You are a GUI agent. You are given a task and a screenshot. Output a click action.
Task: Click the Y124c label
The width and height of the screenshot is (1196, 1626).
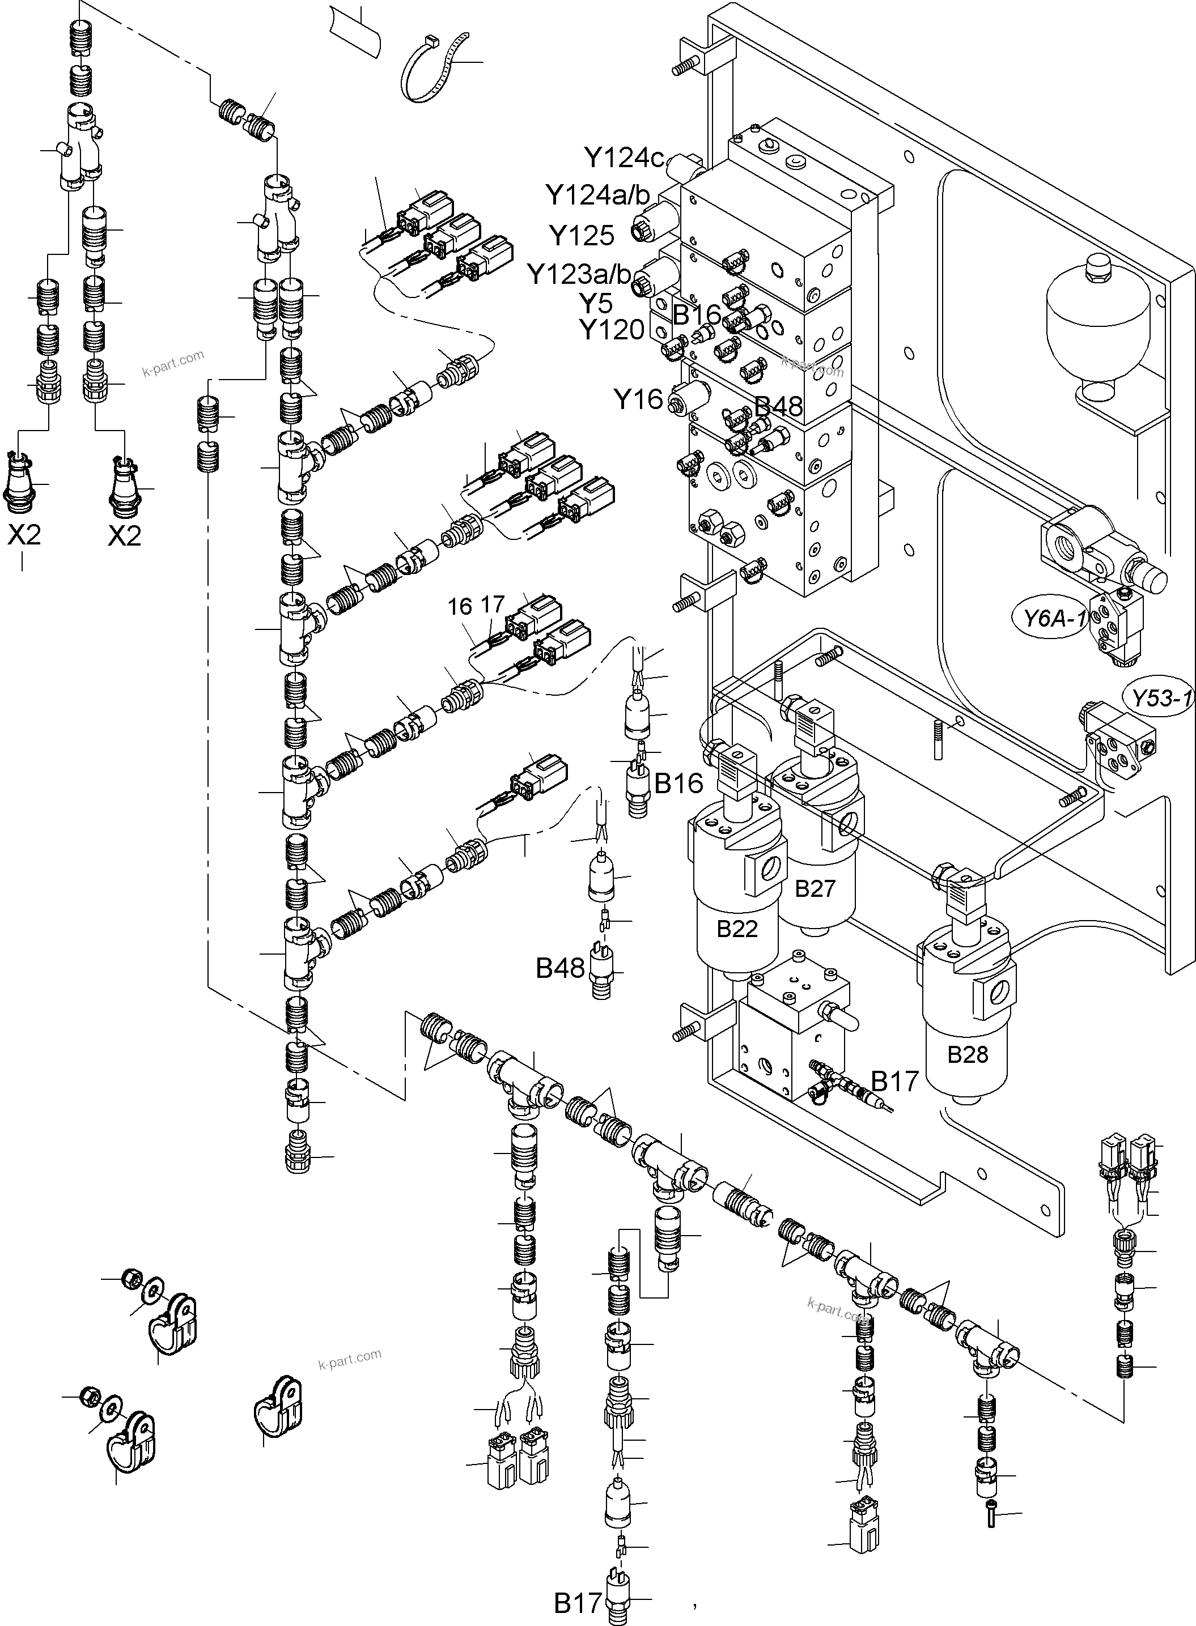point(624,157)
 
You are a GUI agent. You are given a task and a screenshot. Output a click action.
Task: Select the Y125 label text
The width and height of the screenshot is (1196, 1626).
point(582,236)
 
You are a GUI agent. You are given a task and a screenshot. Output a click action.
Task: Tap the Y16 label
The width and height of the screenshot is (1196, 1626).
point(638,399)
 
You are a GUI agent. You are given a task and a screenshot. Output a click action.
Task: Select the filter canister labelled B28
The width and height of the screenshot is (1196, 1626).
point(967,1028)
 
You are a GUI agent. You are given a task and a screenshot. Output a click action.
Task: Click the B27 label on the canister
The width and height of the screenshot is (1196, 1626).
point(815,888)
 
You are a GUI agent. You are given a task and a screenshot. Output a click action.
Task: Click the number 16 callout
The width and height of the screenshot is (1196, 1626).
point(460,606)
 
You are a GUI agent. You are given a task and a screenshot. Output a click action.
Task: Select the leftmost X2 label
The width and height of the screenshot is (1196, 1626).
point(24,535)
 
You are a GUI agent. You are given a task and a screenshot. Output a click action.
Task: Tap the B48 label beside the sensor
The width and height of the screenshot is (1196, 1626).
point(559,968)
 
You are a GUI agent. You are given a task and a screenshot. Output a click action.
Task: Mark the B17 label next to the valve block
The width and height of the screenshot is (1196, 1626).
point(895,1081)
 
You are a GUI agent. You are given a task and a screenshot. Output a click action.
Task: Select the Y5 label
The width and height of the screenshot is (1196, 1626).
point(595,303)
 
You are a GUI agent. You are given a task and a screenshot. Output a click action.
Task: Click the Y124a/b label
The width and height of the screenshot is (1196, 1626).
point(597,195)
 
